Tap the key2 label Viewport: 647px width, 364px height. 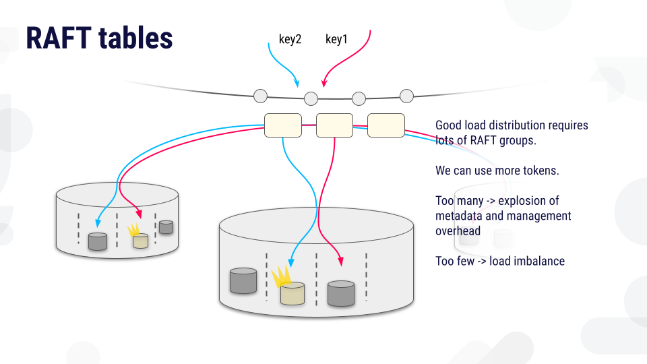pyautogui.click(x=290, y=40)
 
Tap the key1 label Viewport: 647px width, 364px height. pyautogui.click(x=336, y=40)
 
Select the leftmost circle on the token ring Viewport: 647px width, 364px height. pyautogui.click(x=260, y=96)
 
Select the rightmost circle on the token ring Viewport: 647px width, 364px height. pyautogui.click(x=406, y=96)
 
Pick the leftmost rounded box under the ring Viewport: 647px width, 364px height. pyautogui.click(x=283, y=125)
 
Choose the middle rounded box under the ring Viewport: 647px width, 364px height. pyautogui.click(x=334, y=125)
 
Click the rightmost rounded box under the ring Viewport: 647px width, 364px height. pyautogui.click(x=386, y=125)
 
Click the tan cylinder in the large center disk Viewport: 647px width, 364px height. pyautogui.click(x=292, y=293)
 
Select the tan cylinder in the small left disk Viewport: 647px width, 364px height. pyautogui.click(x=140, y=241)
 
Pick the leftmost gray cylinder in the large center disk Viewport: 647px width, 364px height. pyautogui.click(x=243, y=280)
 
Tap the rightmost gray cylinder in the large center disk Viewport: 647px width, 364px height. pyautogui.click(x=341, y=293)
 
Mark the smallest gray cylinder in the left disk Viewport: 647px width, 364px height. pyautogui.click(x=166, y=227)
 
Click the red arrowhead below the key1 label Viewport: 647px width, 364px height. pyautogui.click(x=324, y=84)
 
